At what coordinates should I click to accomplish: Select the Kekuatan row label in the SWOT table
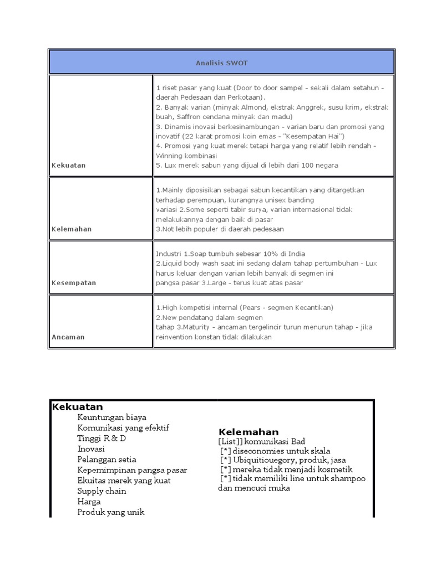pyautogui.click(x=68, y=165)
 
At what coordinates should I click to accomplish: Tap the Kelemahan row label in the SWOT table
pyautogui.click(x=72, y=229)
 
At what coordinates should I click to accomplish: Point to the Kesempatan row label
pyautogui.click(x=74, y=282)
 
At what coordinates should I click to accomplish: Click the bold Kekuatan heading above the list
pyautogui.click(x=78, y=407)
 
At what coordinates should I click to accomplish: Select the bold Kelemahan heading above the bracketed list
pyautogui.click(x=248, y=432)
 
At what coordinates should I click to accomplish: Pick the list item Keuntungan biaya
pyautogui.click(x=112, y=417)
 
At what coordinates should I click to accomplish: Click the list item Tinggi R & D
pyautogui.click(x=102, y=439)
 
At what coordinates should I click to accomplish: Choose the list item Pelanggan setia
pyautogui.click(x=107, y=460)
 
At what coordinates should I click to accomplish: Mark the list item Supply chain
pyautogui.click(x=102, y=491)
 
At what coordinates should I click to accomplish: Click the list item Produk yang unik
pyautogui.click(x=111, y=512)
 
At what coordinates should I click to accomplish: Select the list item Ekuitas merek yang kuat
pyautogui.click(x=124, y=481)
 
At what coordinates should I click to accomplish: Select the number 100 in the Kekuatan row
pyautogui.click(x=300, y=165)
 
